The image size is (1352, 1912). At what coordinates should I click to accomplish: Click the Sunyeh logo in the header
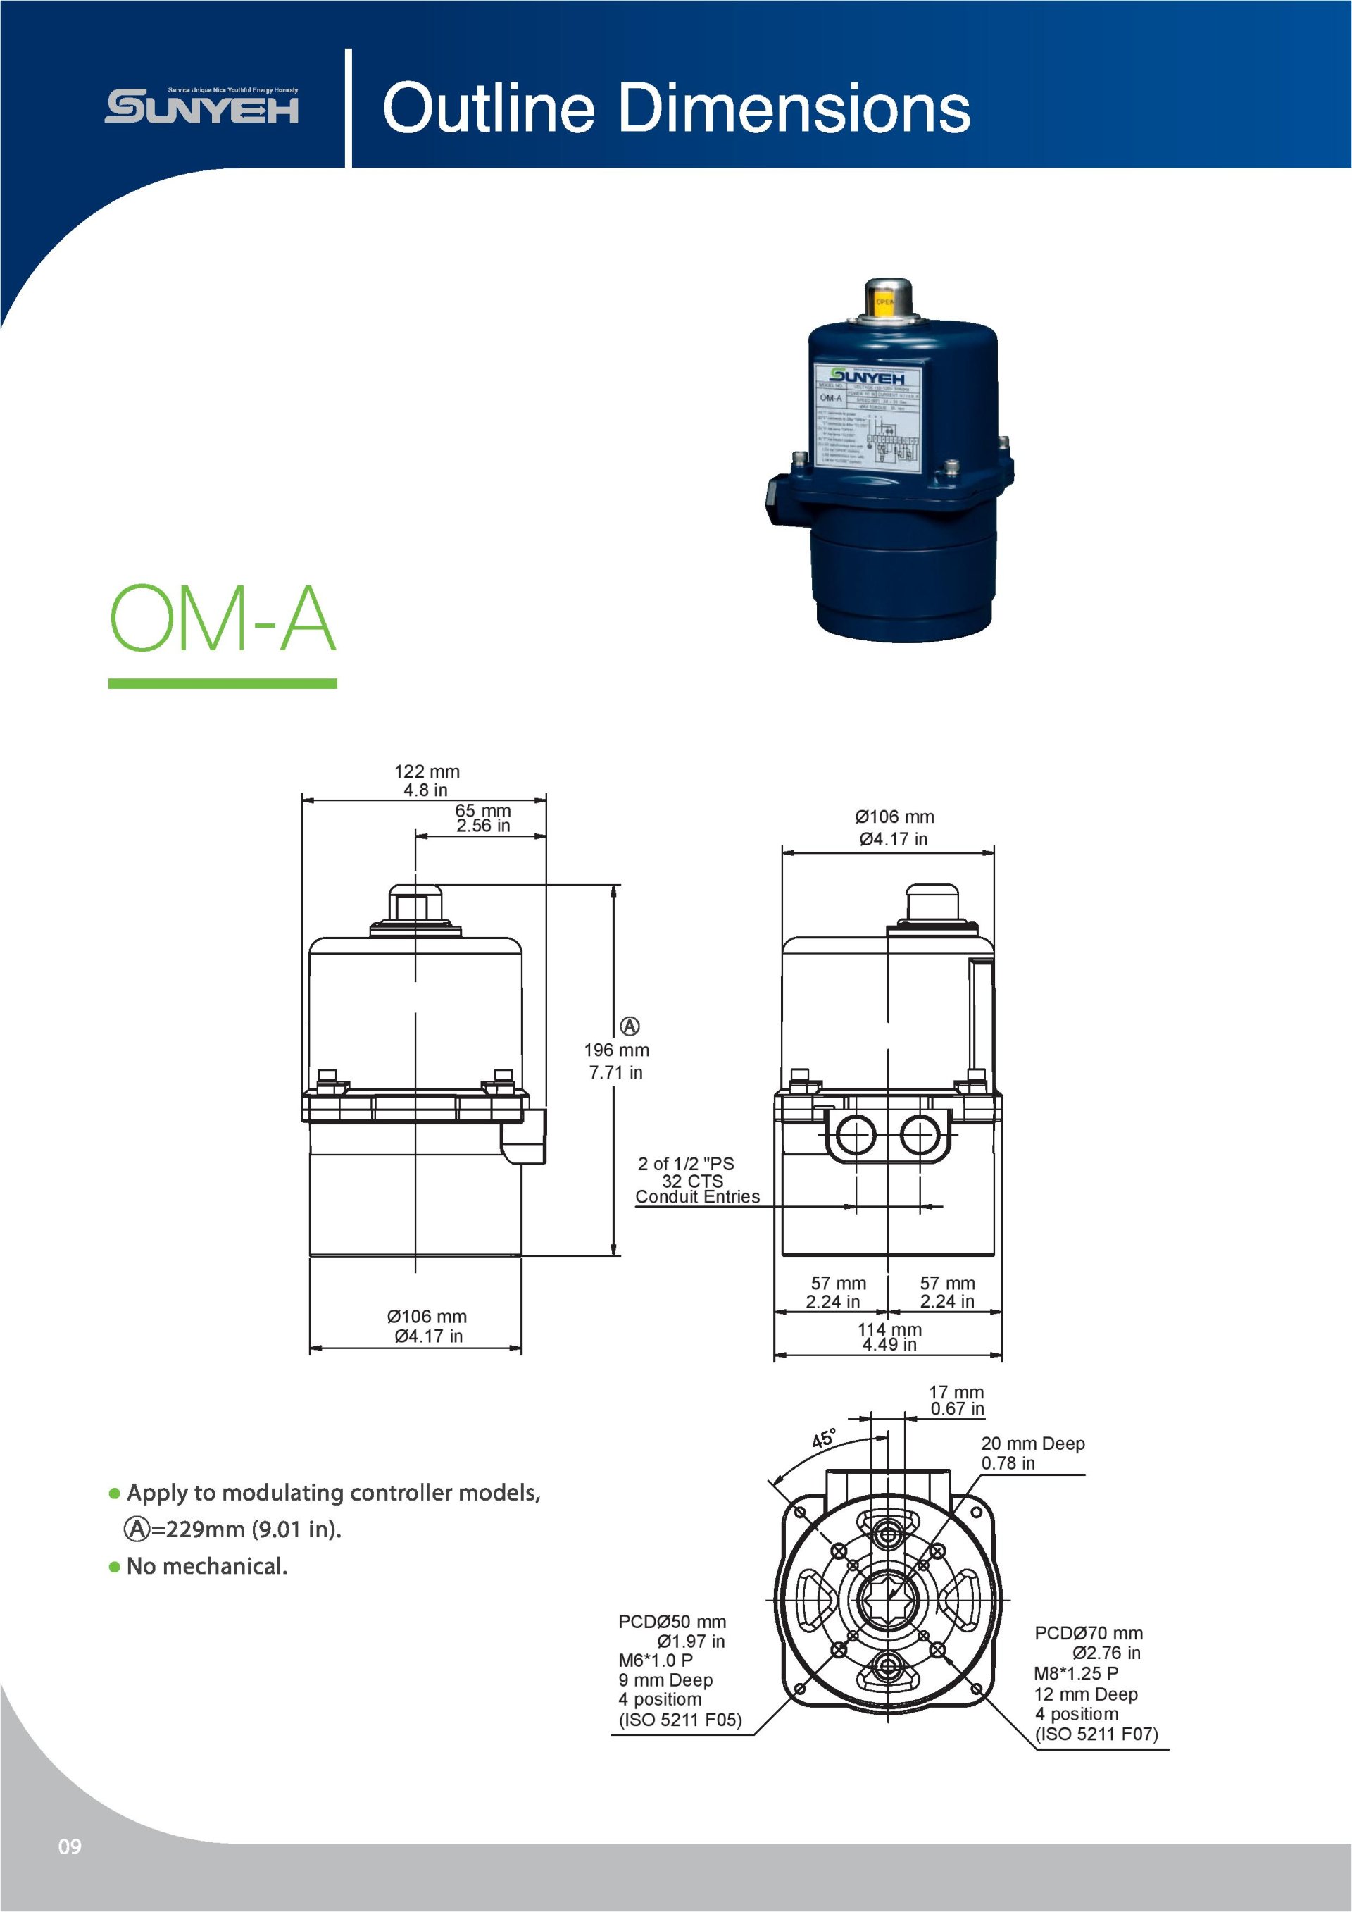click(x=201, y=106)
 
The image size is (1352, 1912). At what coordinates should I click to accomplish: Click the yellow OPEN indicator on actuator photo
click(x=884, y=302)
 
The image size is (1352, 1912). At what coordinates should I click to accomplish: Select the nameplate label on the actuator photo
click(x=868, y=416)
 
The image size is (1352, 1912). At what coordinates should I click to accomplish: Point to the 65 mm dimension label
click(x=483, y=810)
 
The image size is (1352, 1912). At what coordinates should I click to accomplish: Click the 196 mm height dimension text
click(x=616, y=1050)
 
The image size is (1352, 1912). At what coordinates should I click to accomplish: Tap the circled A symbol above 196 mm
click(x=630, y=1026)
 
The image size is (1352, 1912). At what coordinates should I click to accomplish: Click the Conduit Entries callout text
click(x=697, y=1197)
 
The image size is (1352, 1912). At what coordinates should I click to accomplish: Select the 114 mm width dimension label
click(x=889, y=1330)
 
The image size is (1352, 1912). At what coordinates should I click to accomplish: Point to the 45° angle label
click(x=823, y=1438)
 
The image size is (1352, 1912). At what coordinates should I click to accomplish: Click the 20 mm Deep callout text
click(x=1032, y=1444)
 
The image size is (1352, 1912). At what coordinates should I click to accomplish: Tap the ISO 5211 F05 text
click(x=680, y=1720)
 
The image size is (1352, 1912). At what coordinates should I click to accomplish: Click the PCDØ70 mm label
click(x=1088, y=1633)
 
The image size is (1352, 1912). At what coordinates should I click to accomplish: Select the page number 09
click(x=70, y=1846)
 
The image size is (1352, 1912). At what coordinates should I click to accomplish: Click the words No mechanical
click(x=206, y=1566)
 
